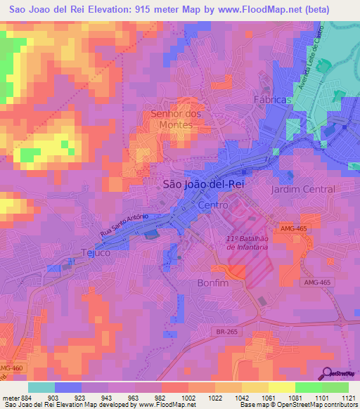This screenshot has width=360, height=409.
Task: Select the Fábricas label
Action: click(x=272, y=100)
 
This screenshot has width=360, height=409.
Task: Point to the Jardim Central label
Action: click(x=303, y=190)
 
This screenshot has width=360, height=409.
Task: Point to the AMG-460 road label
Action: click(x=10, y=369)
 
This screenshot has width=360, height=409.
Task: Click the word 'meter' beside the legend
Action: click(x=11, y=398)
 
